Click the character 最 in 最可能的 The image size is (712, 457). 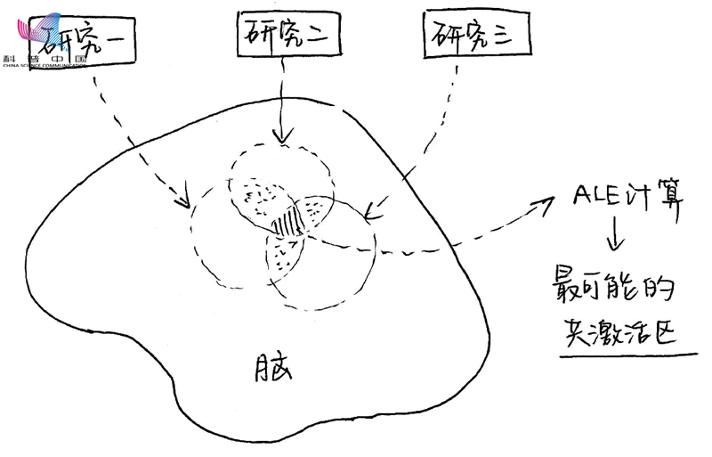tap(567, 293)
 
